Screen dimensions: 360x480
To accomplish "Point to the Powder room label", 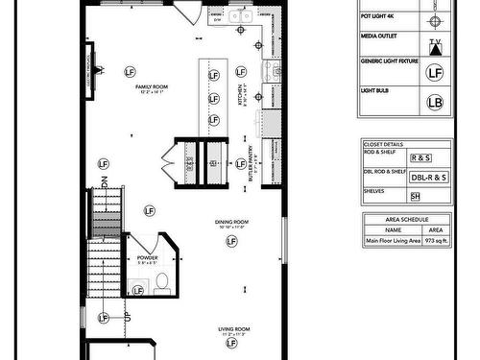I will [149, 257].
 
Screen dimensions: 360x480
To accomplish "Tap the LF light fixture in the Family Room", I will [131, 72].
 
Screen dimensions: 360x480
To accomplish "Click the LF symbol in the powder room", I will [138, 290].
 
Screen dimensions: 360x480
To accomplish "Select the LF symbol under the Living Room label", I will [228, 349].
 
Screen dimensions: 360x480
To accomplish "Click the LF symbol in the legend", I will [434, 72].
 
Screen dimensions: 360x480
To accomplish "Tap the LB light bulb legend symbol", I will [434, 102].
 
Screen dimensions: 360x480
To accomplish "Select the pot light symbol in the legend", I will [435, 20].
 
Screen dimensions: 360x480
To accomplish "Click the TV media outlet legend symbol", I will [435, 45].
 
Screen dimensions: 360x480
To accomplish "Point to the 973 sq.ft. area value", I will [435, 241].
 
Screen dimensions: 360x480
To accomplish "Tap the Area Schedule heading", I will [406, 219].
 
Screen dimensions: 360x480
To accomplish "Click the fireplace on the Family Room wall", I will [93, 70].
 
